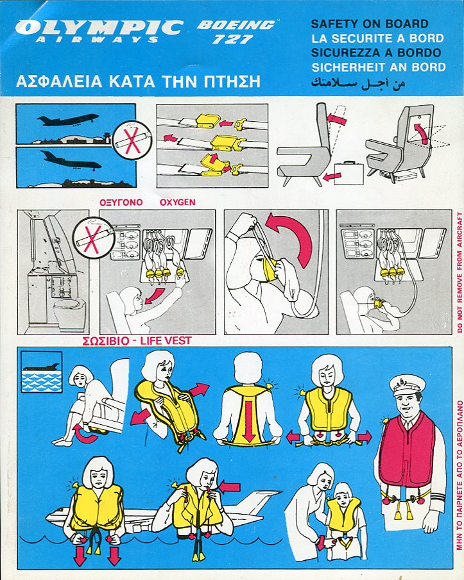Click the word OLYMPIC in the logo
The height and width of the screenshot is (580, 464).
coord(99,28)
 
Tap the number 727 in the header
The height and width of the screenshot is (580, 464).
coord(232,39)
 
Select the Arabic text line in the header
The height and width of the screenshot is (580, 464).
coord(357,82)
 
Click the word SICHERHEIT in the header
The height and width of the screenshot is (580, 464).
coord(347,67)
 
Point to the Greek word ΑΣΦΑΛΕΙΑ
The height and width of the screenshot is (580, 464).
coord(59,82)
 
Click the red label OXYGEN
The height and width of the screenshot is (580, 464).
coord(177,203)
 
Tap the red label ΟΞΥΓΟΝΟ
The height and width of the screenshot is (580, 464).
coord(121,203)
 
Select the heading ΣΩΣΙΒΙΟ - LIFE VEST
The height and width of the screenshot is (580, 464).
coord(137,340)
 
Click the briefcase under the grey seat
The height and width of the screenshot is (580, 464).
coord(349,173)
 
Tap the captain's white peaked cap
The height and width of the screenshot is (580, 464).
coord(406,385)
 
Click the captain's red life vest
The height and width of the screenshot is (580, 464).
coord(407,449)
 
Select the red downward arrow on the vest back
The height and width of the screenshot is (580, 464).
coord(249,420)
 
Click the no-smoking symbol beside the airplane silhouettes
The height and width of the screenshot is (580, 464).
coord(132,140)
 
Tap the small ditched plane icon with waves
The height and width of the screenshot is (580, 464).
coord(42,372)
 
